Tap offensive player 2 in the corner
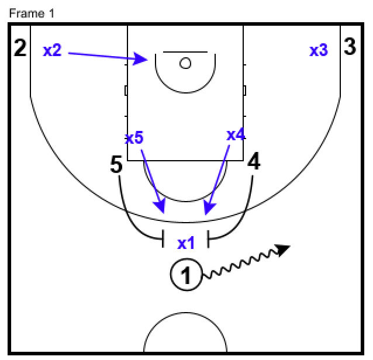point(20,48)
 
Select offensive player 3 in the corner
point(350,47)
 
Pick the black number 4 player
point(254,162)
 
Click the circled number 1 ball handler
point(186,274)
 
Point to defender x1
point(186,243)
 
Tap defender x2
point(52,50)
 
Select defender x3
point(319,50)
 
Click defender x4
point(236,136)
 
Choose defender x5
point(134,139)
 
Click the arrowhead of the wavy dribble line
point(284,249)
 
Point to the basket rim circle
point(185,63)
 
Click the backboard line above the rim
point(185,52)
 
